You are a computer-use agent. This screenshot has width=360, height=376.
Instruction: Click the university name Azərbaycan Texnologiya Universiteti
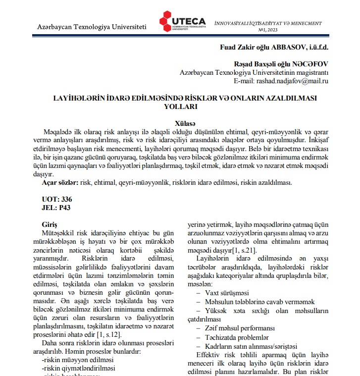tap(92, 25)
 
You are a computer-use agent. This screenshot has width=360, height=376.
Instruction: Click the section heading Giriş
tap(51, 224)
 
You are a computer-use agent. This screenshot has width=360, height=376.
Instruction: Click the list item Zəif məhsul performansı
tap(239, 328)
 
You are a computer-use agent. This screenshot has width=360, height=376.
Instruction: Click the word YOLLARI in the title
tap(184, 106)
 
